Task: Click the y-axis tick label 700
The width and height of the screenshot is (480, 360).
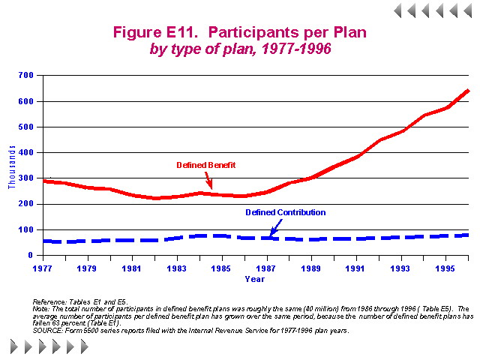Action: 26,75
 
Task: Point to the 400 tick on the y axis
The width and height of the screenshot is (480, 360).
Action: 26,152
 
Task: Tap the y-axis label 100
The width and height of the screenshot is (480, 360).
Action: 26,229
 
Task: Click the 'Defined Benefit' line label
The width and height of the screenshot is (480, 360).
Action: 205,164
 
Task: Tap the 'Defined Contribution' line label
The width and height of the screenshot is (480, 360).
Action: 286,212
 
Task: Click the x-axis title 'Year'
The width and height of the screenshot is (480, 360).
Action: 254,279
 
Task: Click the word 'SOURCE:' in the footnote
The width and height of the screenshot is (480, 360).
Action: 57,331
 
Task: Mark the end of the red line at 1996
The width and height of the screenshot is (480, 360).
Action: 468,91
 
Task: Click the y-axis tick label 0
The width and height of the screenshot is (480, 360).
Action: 32,256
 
